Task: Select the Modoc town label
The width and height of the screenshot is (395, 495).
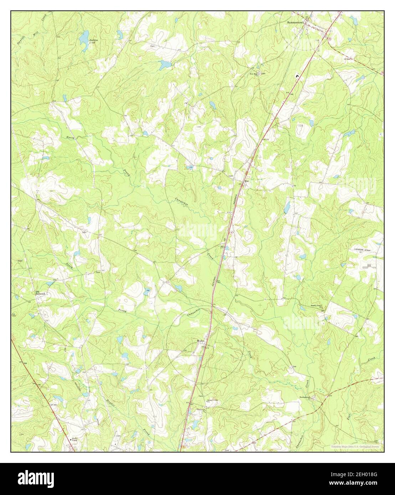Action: click(x=200, y=341)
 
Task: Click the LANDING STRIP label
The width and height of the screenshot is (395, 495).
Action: click(x=363, y=250)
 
